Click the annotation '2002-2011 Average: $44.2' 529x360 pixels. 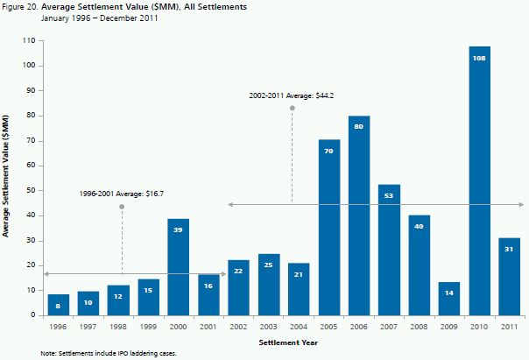293,93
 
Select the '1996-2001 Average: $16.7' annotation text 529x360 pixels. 122,192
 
